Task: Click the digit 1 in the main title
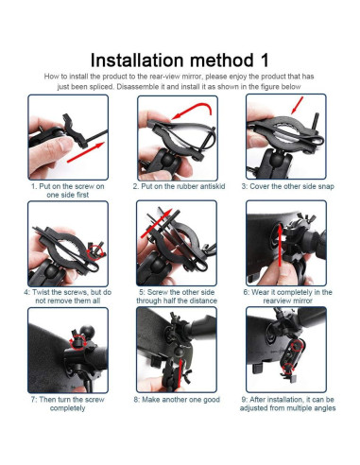pos(264,60)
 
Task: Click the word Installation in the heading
pos(137,60)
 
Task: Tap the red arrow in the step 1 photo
pos(86,152)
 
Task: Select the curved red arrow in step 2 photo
pos(192,111)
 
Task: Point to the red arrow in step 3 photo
pos(297,105)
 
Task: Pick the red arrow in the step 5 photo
pos(156,222)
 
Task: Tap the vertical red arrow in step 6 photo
pos(280,246)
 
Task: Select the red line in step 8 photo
pos(180,373)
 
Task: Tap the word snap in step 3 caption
pos(326,186)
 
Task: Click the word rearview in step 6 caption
pos(276,301)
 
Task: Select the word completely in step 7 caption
pos(67,408)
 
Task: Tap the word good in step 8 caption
pos(211,400)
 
